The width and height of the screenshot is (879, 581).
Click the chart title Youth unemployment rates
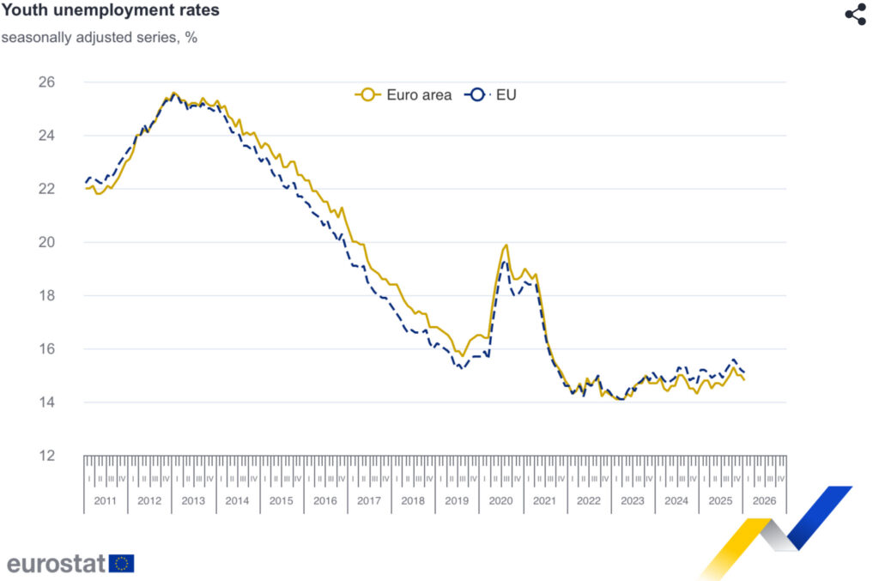[x=110, y=11]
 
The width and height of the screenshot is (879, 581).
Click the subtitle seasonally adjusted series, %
[x=100, y=38]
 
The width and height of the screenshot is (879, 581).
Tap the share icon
[x=855, y=15]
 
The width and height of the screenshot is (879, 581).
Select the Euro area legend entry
[x=404, y=95]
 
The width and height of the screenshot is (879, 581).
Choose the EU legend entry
[x=492, y=95]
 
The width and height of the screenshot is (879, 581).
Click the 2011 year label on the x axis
[x=106, y=501]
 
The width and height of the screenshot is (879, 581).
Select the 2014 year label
[x=237, y=501]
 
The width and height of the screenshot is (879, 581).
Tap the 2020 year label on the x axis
[x=501, y=501]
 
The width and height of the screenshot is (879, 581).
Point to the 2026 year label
[x=765, y=501]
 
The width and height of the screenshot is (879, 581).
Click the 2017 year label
[x=369, y=501]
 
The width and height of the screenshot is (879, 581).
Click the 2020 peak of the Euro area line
[x=506, y=245]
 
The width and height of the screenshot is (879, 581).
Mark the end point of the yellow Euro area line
[x=744, y=379]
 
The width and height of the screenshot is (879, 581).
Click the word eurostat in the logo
[x=57, y=564]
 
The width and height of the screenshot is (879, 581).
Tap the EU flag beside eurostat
[x=122, y=564]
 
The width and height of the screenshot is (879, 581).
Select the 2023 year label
[x=633, y=501]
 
